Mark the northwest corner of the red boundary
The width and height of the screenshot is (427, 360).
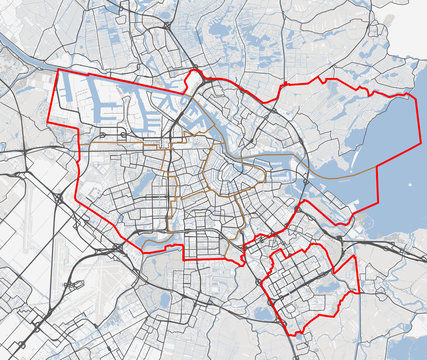point(63,70)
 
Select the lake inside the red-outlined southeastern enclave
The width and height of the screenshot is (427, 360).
point(325,287)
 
